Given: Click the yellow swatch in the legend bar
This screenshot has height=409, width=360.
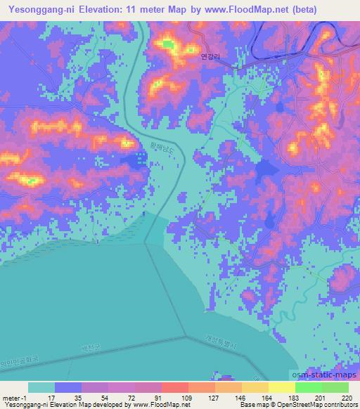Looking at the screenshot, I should (x=281, y=387).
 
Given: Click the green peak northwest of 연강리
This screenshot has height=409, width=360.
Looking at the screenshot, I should (x=168, y=45).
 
